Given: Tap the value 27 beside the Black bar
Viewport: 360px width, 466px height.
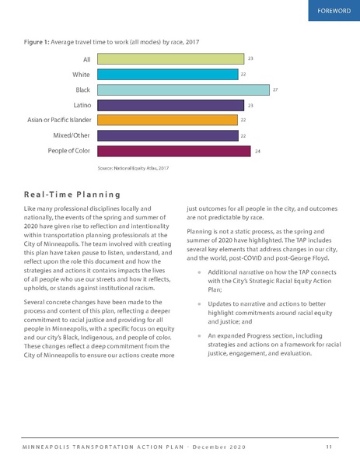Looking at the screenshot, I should click(x=275, y=89).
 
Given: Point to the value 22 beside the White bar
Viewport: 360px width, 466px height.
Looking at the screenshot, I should click(x=243, y=74).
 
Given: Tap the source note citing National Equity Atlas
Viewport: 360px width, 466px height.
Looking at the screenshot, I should click(x=132, y=167).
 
